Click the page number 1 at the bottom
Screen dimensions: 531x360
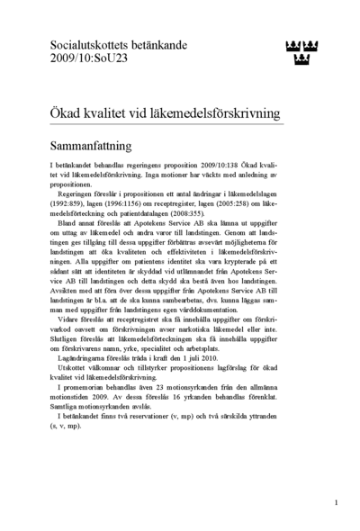click(x=335, y=503)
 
